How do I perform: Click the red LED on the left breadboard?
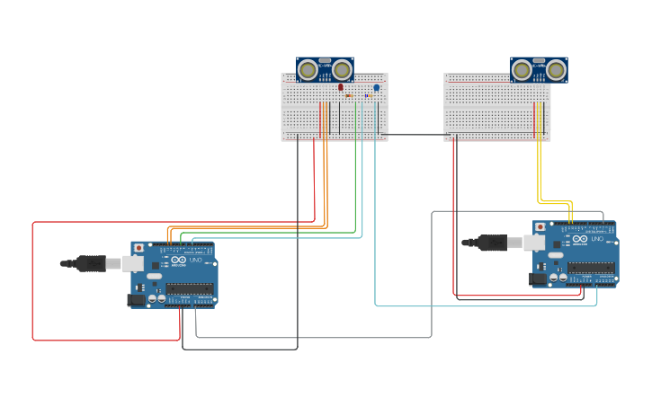click(340, 87)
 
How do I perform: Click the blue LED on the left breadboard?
click(376, 87)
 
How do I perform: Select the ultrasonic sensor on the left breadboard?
click(325, 69)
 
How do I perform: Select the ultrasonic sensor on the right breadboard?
click(539, 69)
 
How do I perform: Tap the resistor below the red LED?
click(349, 95)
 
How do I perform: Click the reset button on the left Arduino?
click(138, 248)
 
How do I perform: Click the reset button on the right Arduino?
click(540, 227)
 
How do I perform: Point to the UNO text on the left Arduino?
click(196, 261)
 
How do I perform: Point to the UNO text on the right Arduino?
click(598, 240)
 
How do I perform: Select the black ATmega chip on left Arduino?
click(190, 288)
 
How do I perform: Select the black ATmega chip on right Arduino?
click(591, 268)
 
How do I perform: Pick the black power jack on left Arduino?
click(136, 299)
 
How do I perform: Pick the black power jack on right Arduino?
click(538, 279)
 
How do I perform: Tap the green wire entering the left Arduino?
click(270, 233)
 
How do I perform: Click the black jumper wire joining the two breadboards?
click(415, 136)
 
